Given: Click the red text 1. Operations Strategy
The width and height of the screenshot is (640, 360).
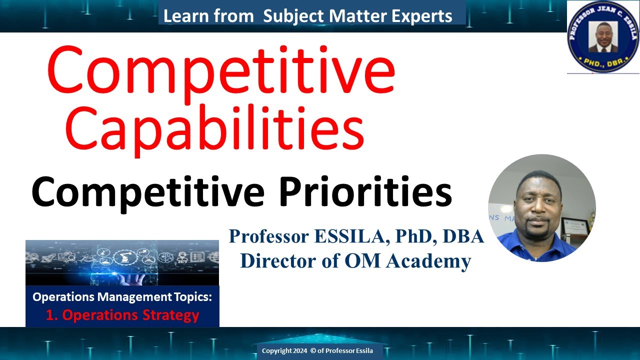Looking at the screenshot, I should click(x=122, y=315).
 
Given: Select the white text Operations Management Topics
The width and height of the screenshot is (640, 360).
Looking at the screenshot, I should click(x=122, y=297).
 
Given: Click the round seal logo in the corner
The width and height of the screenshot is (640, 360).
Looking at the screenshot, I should click(x=602, y=36).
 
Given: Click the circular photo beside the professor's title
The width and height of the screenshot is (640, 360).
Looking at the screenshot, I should click(x=541, y=208).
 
